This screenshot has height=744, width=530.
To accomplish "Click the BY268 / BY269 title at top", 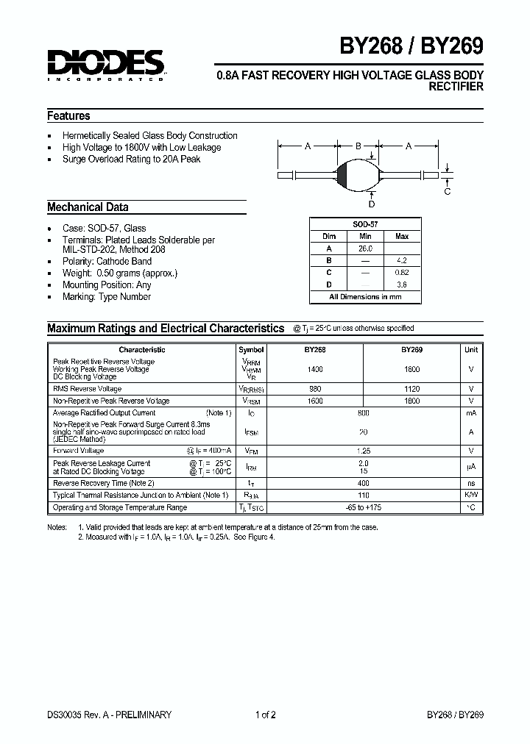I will click(411, 47).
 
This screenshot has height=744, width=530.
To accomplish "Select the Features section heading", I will click(68, 116).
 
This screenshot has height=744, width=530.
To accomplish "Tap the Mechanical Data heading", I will click(88, 207).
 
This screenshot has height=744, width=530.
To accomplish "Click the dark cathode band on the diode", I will click(341, 175).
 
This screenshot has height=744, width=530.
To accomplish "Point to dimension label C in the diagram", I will click(447, 192).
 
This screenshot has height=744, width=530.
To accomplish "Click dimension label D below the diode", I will click(372, 204).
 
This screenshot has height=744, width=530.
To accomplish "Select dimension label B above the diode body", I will click(358, 146).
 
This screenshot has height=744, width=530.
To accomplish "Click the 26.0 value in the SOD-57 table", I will click(365, 248).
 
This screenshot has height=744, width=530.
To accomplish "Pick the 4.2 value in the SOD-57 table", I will click(401, 260).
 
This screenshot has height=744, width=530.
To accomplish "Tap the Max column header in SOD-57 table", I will click(401, 237).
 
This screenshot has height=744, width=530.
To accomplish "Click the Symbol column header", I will click(251, 350).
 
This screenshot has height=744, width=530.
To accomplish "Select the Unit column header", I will click(471, 350).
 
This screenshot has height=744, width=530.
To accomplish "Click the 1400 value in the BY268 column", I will click(314, 369).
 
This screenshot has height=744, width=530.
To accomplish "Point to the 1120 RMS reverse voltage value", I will click(411, 389).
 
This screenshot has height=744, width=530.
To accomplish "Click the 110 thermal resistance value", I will click(363, 496).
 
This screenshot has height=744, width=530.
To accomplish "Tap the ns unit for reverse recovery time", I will click(471, 483).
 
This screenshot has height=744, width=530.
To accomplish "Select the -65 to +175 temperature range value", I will click(363, 507).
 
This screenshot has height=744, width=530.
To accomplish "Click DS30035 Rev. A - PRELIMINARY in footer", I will click(109, 715).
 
